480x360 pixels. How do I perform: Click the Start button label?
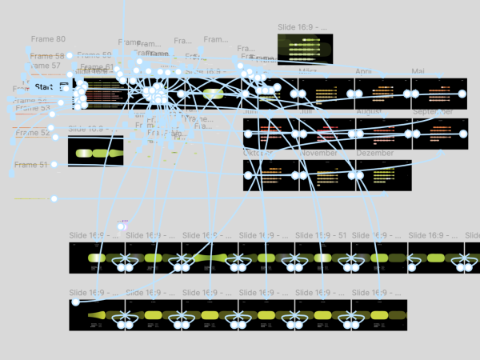tap(44, 86)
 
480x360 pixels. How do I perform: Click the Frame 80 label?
tap(48, 39)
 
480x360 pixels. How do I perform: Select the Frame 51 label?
tap(30, 165)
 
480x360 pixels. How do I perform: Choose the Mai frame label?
tap(418, 72)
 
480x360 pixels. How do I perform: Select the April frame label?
tap(364, 72)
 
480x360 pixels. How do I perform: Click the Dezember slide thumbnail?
tap(383, 175)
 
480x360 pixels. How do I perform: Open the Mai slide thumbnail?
tap(438, 94)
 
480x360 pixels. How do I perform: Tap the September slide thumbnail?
tap(438, 134)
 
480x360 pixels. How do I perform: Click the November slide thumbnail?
tap(326, 175)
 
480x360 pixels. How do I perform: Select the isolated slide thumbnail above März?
tap(305, 48)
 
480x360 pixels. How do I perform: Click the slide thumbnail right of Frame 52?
tap(95, 150)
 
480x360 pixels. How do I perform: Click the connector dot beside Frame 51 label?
tap(54, 165)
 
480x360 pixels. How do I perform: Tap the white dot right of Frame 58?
tap(70, 56)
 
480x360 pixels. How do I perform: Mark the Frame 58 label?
tap(48, 57)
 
